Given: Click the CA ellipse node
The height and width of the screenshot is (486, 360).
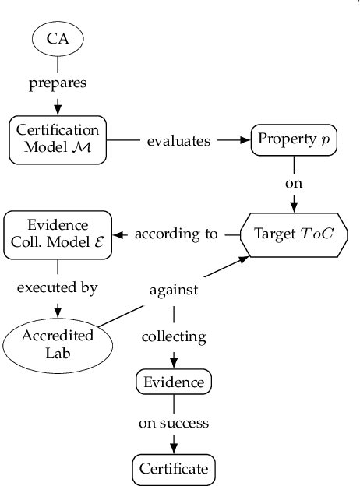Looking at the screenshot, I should (57, 37).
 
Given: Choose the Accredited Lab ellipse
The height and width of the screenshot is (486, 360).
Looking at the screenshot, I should (57, 343).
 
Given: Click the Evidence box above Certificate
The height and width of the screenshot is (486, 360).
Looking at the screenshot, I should (173, 382).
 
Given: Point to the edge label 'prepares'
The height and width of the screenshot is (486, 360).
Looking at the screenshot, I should (57, 82).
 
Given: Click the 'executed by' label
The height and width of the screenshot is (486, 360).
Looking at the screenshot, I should (57, 287).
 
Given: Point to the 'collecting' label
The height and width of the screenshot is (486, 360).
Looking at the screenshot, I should (173, 336).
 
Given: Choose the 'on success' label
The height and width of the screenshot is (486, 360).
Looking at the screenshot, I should (173, 425).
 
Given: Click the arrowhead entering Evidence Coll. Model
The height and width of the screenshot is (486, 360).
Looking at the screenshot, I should (119, 234).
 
